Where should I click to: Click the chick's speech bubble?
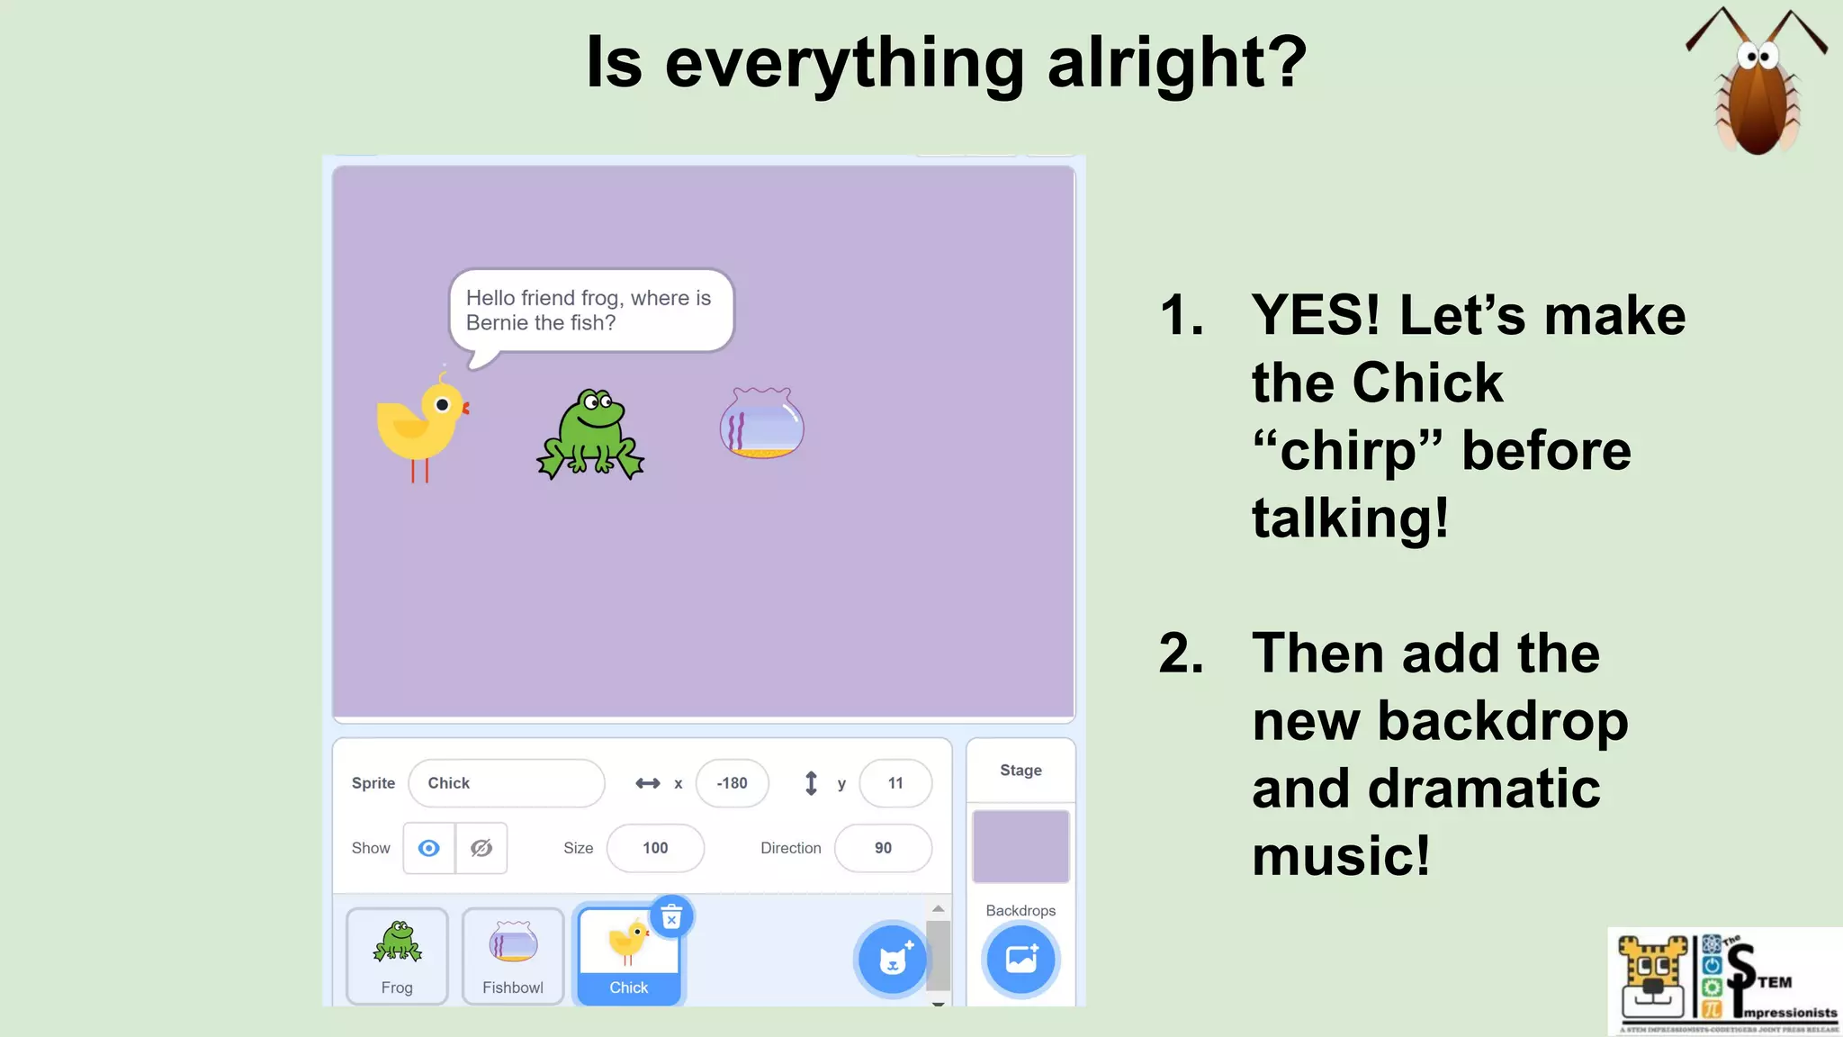(590, 311)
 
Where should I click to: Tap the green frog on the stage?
(590, 435)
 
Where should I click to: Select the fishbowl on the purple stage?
(761, 423)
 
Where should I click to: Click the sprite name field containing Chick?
(506, 783)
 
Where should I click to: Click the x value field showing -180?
(732, 783)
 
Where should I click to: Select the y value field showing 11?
(895, 783)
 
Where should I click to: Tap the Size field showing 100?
(655, 848)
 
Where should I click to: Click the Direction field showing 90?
(883, 848)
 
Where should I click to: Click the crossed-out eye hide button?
(481, 848)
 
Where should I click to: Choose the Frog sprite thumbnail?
(397, 955)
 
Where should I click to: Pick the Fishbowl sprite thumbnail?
(513, 955)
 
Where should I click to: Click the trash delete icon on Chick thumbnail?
(671, 917)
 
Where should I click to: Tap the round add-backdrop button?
(1020, 960)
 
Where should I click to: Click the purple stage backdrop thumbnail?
(1020, 846)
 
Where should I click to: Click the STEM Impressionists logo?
(1724, 982)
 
